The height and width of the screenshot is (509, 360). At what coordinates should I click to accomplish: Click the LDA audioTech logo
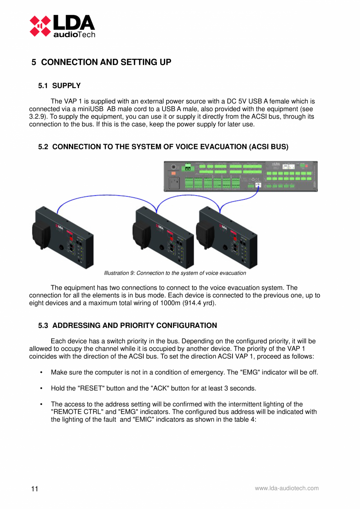click(63, 26)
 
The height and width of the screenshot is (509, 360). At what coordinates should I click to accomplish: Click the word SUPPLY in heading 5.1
click(67, 86)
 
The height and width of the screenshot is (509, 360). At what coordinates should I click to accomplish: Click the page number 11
click(35, 489)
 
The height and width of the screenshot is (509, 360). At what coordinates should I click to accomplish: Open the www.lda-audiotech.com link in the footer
click(286, 488)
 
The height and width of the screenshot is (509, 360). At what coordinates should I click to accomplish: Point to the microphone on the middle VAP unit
click(141, 234)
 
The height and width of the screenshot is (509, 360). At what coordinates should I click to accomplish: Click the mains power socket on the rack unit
click(174, 182)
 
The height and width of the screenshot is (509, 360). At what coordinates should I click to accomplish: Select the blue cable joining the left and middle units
click(106, 198)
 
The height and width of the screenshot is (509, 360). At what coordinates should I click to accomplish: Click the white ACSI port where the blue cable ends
click(258, 185)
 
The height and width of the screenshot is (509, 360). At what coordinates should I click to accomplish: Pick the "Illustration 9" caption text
click(175, 273)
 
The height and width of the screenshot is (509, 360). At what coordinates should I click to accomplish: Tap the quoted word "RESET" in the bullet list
click(91, 388)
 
